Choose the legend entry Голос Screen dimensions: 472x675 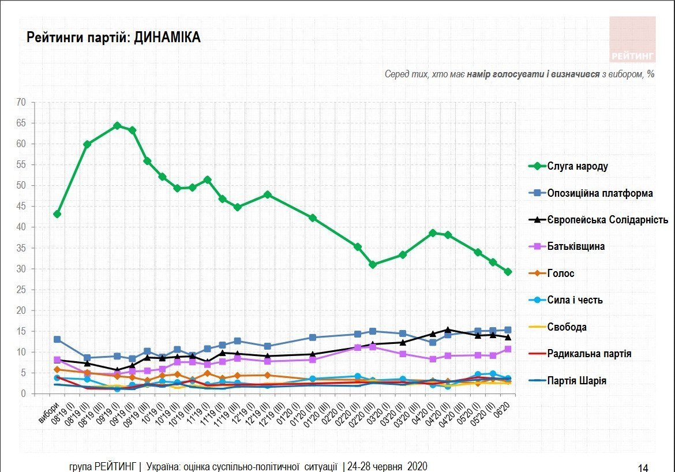pyautogui.click(x=561, y=274)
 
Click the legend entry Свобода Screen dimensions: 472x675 pyautogui.click(x=567, y=327)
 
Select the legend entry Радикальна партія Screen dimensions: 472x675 pyautogui.click(x=589, y=354)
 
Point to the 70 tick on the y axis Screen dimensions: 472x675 pyautogui.click(x=21, y=103)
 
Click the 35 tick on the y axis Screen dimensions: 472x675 pyautogui.click(x=21, y=248)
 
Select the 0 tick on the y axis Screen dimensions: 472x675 pyautogui.click(x=24, y=394)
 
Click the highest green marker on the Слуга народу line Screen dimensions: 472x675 pyautogui.click(x=117, y=125)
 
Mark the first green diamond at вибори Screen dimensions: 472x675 pyautogui.click(x=57, y=214)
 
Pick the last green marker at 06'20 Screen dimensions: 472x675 pyautogui.click(x=508, y=271)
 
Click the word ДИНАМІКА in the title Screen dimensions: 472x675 pyautogui.click(x=167, y=38)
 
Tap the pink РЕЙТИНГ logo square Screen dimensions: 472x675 pyautogui.click(x=632, y=39)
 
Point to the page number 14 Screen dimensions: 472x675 pyautogui.click(x=642, y=467)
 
